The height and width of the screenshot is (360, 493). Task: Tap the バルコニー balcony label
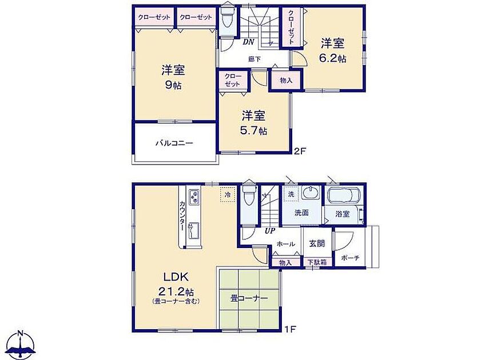[x=174, y=143]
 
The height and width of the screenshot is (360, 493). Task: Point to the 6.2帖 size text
[x=333, y=58]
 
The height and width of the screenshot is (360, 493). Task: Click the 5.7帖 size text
[x=254, y=131]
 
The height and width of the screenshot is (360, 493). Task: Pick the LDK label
[x=175, y=277]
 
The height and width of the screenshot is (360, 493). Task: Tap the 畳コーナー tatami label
[x=249, y=298]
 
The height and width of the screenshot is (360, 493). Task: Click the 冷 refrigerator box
[x=228, y=195]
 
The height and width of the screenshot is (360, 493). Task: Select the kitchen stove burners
[x=193, y=197]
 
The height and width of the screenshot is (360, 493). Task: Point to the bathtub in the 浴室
[x=344, y=196]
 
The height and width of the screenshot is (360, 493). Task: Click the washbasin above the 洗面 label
[x=311, y=192]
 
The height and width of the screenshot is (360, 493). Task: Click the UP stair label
[x=270, y=231]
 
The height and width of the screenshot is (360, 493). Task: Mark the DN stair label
[x=248, y=42]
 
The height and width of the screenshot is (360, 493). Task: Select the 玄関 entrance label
[x=317, y=243]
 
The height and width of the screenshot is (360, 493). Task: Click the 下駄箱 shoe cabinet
[x=317, y=262]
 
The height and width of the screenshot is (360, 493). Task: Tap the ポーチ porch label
[x=350, y=258]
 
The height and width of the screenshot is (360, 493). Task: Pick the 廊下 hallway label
[x=255, y=59]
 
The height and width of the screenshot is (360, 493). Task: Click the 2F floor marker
[x=300, y=151]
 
